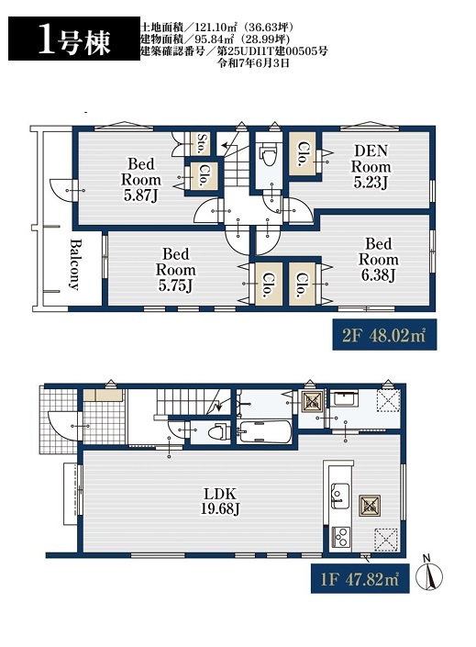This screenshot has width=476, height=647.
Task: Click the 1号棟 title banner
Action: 74,39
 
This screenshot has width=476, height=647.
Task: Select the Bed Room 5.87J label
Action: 140,180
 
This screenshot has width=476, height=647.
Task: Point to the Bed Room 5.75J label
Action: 176,270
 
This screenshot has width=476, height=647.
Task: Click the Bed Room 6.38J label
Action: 378,260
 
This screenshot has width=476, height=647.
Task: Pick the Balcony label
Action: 74,264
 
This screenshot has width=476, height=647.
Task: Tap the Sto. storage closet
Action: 202,143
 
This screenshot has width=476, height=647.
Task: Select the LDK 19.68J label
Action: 220,501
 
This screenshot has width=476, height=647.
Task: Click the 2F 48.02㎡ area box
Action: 384,335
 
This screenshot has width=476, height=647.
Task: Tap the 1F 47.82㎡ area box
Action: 360,578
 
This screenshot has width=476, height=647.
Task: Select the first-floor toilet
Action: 218,433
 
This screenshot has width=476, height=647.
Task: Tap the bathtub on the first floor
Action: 264,432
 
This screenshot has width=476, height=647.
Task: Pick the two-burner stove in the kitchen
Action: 340,537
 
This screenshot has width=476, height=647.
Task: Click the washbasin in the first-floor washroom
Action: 345,398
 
